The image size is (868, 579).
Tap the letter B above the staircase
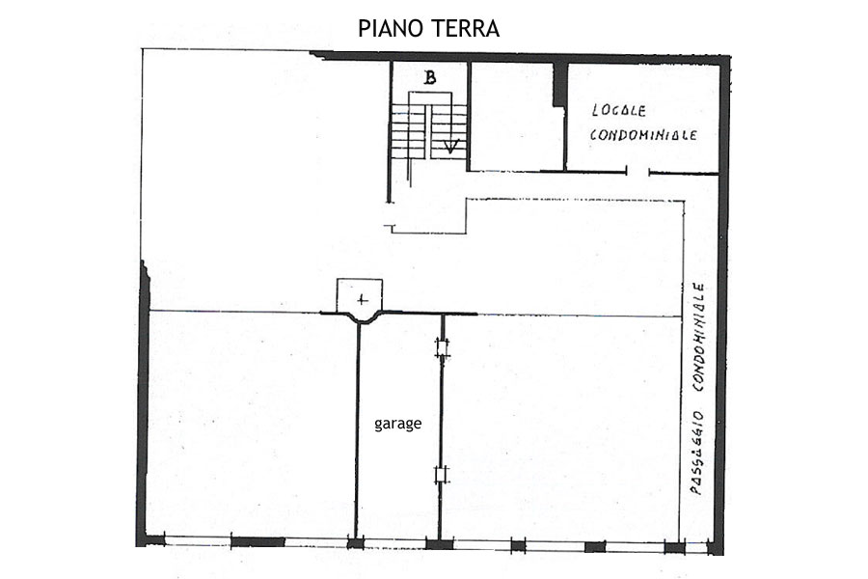[x=429, y=77]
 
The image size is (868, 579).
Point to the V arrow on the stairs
[x=451, y=147]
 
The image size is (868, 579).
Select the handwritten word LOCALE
[x=619, y=110]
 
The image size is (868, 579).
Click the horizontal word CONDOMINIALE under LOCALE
[x=643, y=135]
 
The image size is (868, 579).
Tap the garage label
[x=398, y=424]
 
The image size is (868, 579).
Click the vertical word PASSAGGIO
[x=697, y=453]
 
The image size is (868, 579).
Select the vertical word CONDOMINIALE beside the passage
[x=698, y=338]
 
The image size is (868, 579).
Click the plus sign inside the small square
[x=362, y=300]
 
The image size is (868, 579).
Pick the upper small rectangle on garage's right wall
[x=442, y=348]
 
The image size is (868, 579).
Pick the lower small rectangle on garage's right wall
[x=441, y=475]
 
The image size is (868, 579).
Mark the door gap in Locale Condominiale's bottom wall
[x=637, y=173]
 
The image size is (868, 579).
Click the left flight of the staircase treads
[x=409, y=132]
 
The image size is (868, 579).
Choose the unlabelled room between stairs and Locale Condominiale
[x=517, y=116]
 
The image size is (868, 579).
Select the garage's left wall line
[x=357, y=429]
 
